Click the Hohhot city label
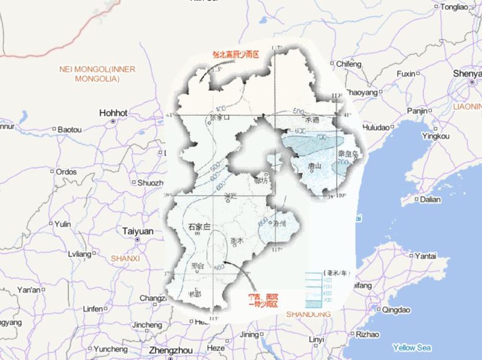(x=113, y=113)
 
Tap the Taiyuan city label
(x=137, y=231)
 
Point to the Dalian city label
(x=431, y=199)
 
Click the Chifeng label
(x=350, y=64)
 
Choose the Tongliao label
(x=454, y=7)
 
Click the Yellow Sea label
(x=412, y=347)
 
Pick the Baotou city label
(x=69, y=129)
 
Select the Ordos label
(x=66, y=172)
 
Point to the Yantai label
(x=427, y=256)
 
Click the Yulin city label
(x=63, y=224)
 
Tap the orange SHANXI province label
(x=125, y=258)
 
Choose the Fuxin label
(x=406, y=74)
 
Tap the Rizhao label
(x=367, y=335)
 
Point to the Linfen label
(x=92, y=309)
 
